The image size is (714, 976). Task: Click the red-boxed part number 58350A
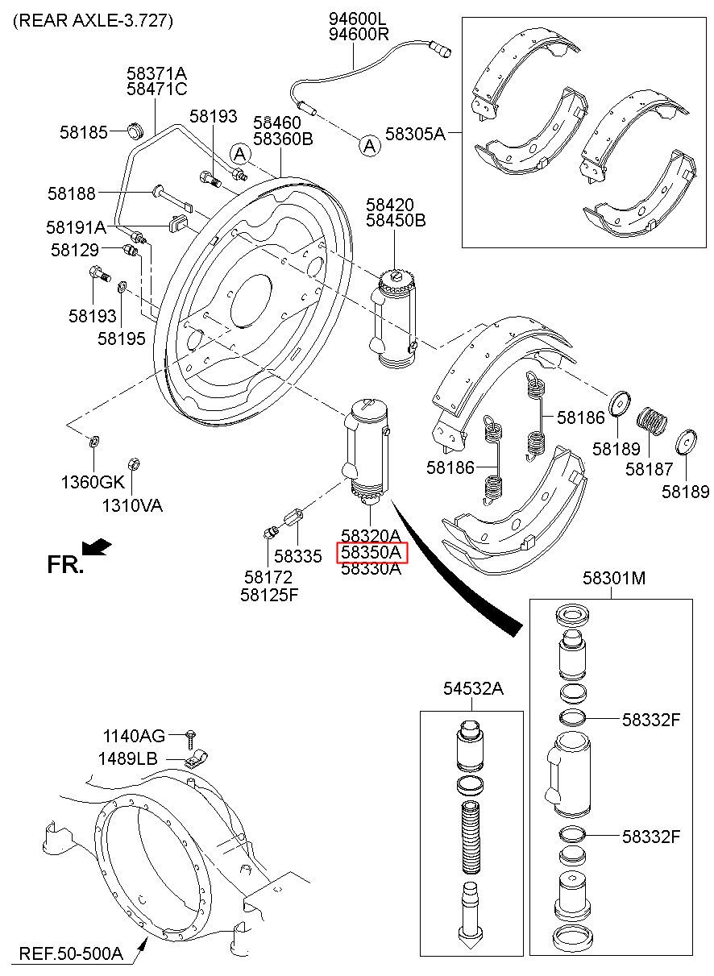click(x=372, y=553)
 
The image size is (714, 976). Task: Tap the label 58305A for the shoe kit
click(x=415, y=134)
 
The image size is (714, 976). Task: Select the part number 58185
click(x=83, y=132)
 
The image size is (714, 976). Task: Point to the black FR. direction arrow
click(x=97, y=546)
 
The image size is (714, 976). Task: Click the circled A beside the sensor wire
click(x=369, y=145)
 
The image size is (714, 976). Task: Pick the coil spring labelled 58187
click(x=652, y=422)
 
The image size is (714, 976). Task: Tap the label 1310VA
click(x=132, y=506)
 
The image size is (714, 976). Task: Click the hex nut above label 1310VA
click(x=134, y=463)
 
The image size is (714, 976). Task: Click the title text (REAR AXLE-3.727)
click(x=93, y=20)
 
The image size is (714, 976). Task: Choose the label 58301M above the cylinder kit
click(x=614, y=578)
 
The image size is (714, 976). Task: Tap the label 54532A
click(x=473, y=688)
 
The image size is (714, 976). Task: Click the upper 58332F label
click(x=651, y=720)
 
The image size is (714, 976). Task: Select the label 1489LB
click(x=127, y=758)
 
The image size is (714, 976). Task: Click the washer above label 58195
click(x=122, y=287)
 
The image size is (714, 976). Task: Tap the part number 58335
click(x=297, y=556)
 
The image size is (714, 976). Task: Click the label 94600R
click(x=359, y=34)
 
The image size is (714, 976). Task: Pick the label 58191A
click(x=77, y=227)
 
